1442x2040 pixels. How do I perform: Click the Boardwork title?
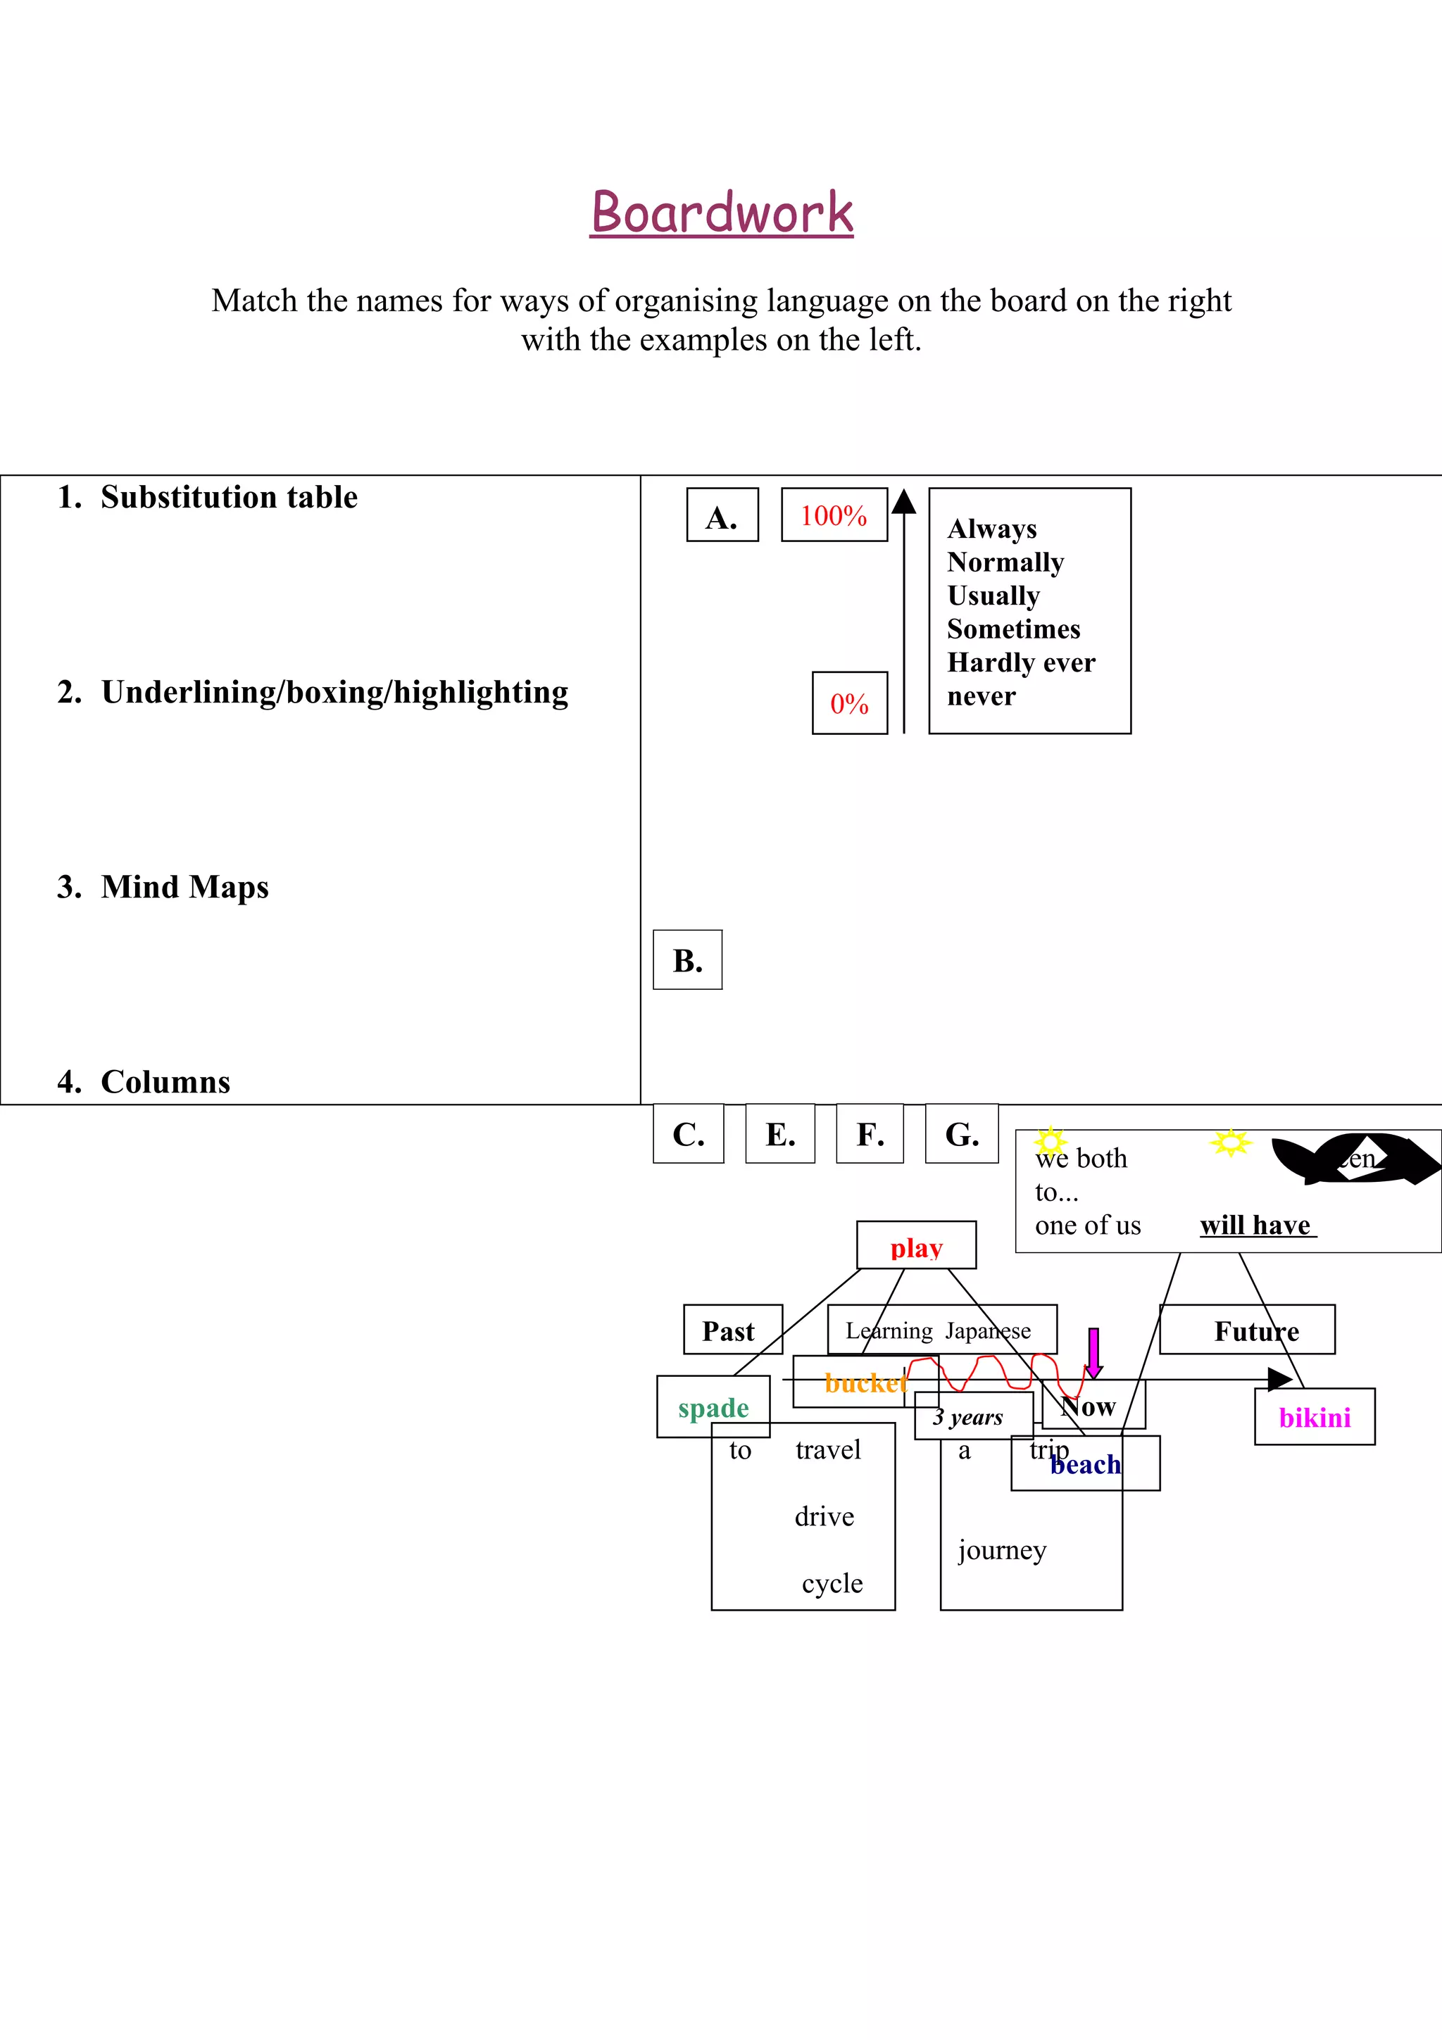pos(722,213)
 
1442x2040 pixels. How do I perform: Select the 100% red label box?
pos(834,515)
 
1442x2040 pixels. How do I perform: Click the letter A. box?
pos(722,516)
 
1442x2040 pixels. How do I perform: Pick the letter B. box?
pos(688,960)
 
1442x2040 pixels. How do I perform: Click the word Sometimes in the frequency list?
pos(1013,629)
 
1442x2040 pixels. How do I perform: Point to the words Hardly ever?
pos(1021,663)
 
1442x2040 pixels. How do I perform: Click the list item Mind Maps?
pos(184,888)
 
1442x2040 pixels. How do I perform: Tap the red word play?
pos(916,1248)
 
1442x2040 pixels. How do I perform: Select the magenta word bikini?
pos(1314,1418)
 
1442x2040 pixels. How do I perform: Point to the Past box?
pos(732,1331)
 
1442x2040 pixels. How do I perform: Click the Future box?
pos(1255,1331)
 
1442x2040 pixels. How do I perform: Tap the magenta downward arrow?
pos(1093,1352)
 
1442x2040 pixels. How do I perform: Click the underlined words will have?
pos(1255,1226)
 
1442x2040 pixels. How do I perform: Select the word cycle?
pos(832,1583)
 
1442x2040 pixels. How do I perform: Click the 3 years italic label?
pos(967,1418)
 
